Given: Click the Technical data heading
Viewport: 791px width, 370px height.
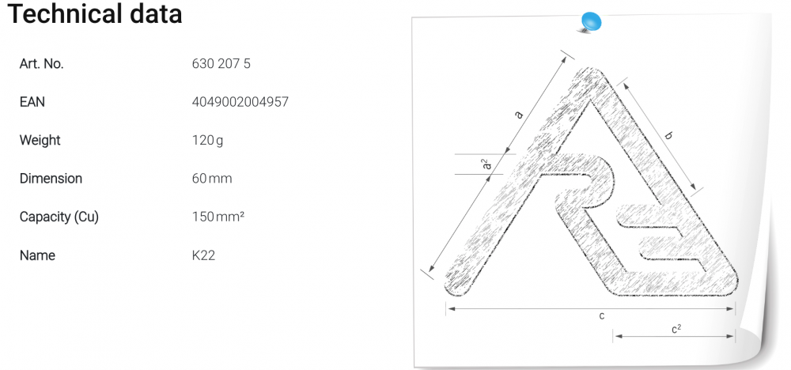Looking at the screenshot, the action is [x=95, y=13].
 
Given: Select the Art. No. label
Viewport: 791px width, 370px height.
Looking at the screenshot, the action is [x=41, y=63].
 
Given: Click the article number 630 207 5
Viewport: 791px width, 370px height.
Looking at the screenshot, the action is [x=221, y=63].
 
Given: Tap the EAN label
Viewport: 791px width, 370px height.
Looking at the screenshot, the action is [x=32, y=102].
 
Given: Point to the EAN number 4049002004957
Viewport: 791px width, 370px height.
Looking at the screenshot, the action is [x=240, y=102].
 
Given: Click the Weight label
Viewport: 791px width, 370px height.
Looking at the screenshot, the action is [x=40, y=140].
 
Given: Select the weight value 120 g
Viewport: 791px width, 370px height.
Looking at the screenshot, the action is [x=207, y=140].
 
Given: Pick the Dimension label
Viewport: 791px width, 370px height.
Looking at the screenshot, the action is [x=51, y=179].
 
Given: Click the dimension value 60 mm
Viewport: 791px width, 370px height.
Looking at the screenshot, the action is [x=212, y=179].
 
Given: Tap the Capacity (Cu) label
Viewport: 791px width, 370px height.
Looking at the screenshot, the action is [x=59, y=217].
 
